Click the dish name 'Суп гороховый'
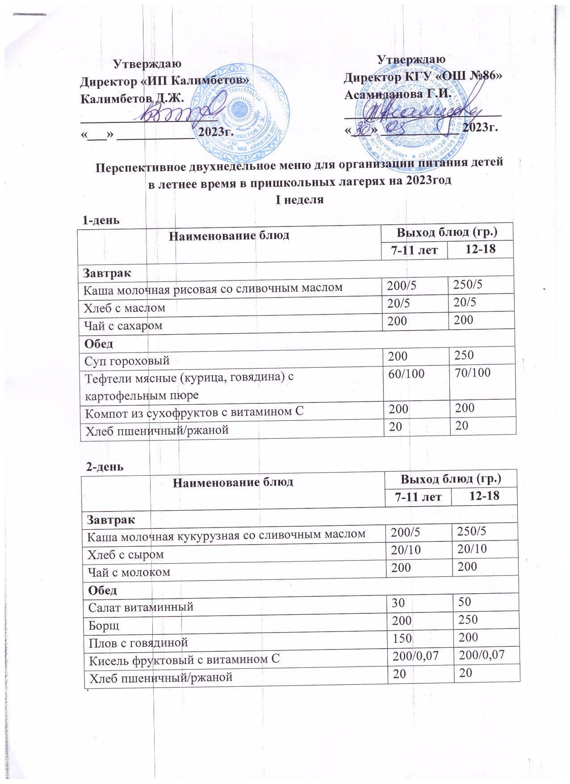tap(127, 360)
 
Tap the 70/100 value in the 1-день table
tap(472, 372)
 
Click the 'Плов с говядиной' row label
tap(138, 642)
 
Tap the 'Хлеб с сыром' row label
tap(126, 555)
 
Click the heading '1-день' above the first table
tap(101, 220)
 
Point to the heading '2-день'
tap(105, 467)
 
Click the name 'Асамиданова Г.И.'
tap(396, 94)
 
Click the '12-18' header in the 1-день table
tap(480, 249)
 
